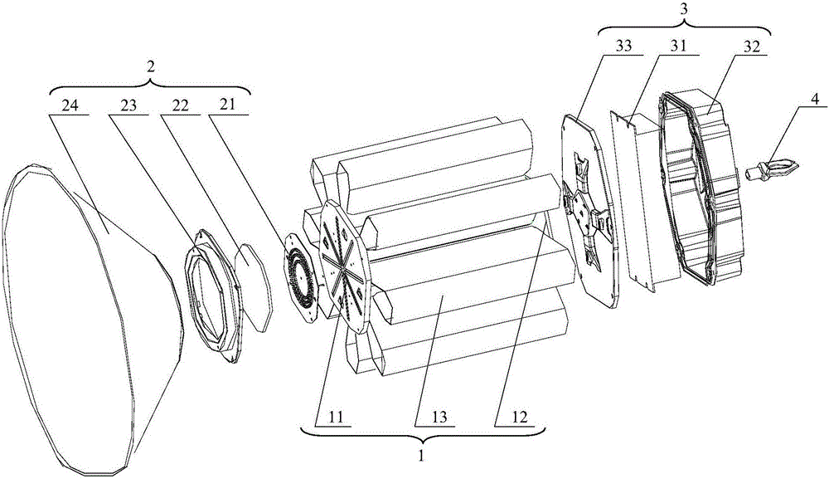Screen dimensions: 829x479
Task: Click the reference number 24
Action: coord(70,106)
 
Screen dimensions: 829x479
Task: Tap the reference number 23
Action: coord(127,106)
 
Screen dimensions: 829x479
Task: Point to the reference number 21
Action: coord(229,106)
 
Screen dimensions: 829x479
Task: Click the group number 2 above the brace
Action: coord(151,68)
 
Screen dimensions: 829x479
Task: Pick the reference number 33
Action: coord(623,46)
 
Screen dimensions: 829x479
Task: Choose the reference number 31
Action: coord(678,46)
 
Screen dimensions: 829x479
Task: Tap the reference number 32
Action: coord(751,46)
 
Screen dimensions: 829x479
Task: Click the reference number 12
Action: coord(519,417)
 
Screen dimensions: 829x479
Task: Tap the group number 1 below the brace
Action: coord(421,455)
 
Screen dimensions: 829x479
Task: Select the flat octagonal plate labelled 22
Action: coord(253,287)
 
